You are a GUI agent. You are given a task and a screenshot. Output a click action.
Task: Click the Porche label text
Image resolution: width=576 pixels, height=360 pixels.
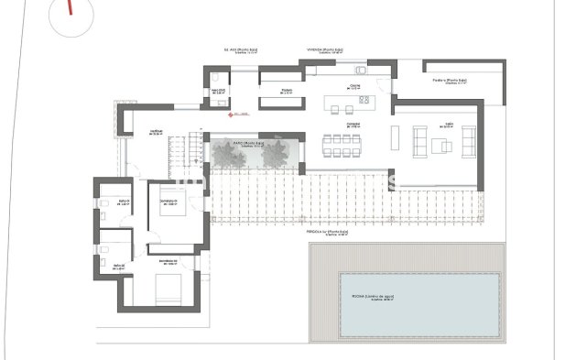point(451,81)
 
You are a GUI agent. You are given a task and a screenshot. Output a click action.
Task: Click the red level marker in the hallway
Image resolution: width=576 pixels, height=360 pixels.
point(230,115)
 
